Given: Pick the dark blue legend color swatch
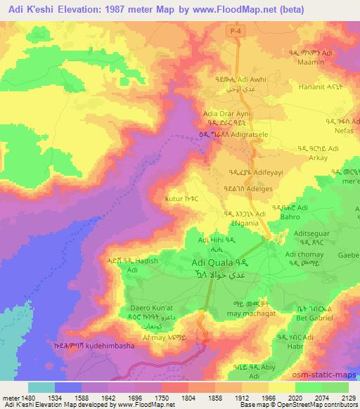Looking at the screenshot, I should pyautogui.click(x=68, y=387).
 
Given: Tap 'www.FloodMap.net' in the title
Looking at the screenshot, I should pyautogui.click(x=257, y=11).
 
